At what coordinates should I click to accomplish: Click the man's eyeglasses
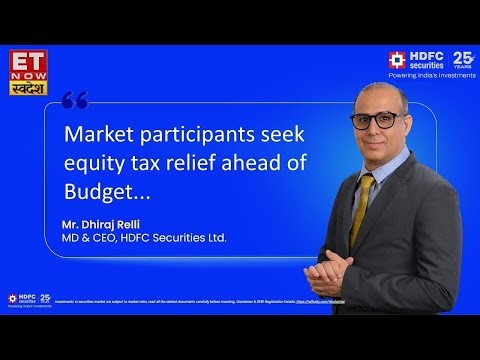pyautogui.click(x=372, y=121)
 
